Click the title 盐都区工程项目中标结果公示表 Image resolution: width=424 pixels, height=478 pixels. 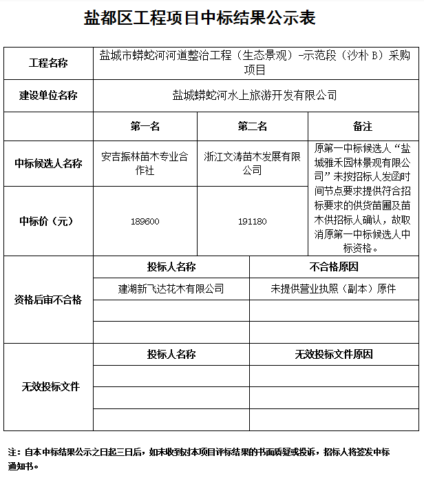pos(200,18)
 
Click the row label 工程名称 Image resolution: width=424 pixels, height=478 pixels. pos(48,63)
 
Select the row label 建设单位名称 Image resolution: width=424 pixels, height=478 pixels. pos(48,96)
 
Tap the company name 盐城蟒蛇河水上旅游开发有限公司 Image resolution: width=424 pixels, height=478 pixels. pos(255,96)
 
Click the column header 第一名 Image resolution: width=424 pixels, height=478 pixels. pos(145,127)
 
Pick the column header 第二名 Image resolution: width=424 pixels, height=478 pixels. pos(252,127)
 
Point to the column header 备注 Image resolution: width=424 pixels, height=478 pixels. pos(363,127)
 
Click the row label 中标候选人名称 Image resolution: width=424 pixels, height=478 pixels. pos(48,164)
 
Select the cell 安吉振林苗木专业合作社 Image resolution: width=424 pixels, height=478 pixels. pos(145,164)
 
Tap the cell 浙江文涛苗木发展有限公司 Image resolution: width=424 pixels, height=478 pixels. pos(252,164)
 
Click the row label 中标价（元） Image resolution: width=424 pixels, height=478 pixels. pos(48,221)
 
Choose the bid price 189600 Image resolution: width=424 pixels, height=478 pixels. pos(145,221)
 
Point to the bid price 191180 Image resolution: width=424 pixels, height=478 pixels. pos(252,221)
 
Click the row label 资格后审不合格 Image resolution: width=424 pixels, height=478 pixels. pos(48,300)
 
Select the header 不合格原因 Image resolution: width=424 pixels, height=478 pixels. pos(334,267)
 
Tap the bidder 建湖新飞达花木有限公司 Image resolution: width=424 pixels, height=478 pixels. pos(171,289)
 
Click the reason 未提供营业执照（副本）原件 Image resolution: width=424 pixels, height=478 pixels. pos(334,289)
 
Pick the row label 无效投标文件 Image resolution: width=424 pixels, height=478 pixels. pos(48,387)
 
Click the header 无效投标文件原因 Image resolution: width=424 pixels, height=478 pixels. pos(334,355)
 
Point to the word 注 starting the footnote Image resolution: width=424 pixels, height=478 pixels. pos(12,453)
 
